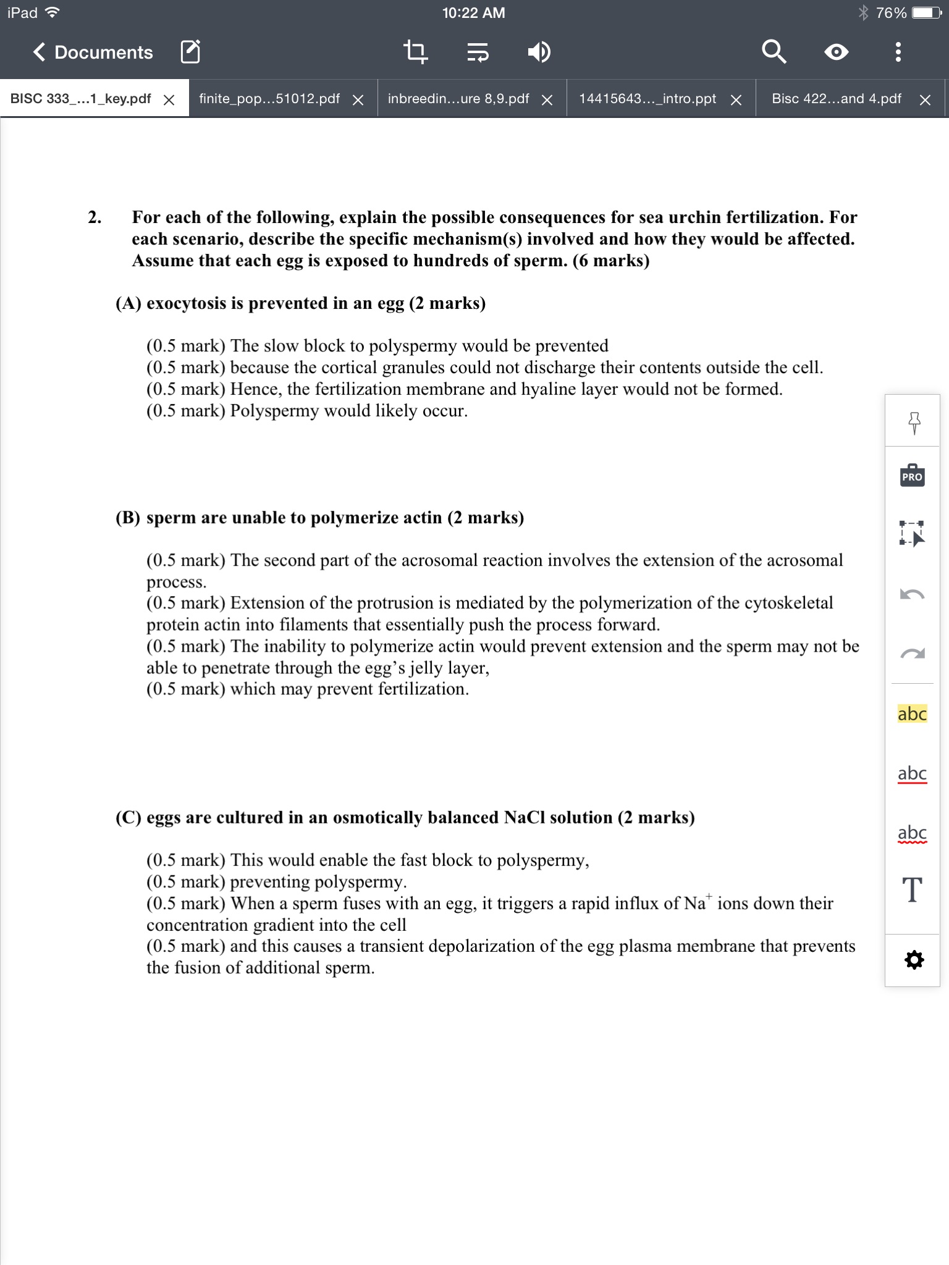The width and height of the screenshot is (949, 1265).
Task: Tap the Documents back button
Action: pos(93,53)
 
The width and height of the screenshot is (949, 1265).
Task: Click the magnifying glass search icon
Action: pos(774,53)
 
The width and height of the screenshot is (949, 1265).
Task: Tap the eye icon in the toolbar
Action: pos(836,53)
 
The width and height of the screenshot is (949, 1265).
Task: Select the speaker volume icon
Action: pos(539,53)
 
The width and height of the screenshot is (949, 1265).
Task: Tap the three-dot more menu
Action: pos(898,53)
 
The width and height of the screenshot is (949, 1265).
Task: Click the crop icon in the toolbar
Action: pos(415,53)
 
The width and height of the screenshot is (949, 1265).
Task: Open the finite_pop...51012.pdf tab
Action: pos(269,99)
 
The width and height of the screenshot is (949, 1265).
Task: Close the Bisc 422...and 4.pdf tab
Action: pos(925,100)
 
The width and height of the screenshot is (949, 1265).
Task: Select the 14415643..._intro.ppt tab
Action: pos(647,99)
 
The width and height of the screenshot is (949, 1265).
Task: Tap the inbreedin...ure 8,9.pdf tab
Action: pos(458,99)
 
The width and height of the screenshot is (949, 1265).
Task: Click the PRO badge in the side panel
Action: pos(912,477)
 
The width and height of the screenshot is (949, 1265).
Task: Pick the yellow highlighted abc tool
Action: pos(912,714)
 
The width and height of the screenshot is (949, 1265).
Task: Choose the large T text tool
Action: pos(912,891)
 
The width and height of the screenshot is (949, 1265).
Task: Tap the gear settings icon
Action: pos(914,960)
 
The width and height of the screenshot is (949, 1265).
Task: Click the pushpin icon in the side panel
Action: pos(914,422)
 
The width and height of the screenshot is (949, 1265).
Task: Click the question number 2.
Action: pos(94,217)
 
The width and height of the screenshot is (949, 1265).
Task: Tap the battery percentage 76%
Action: pos(891,13)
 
